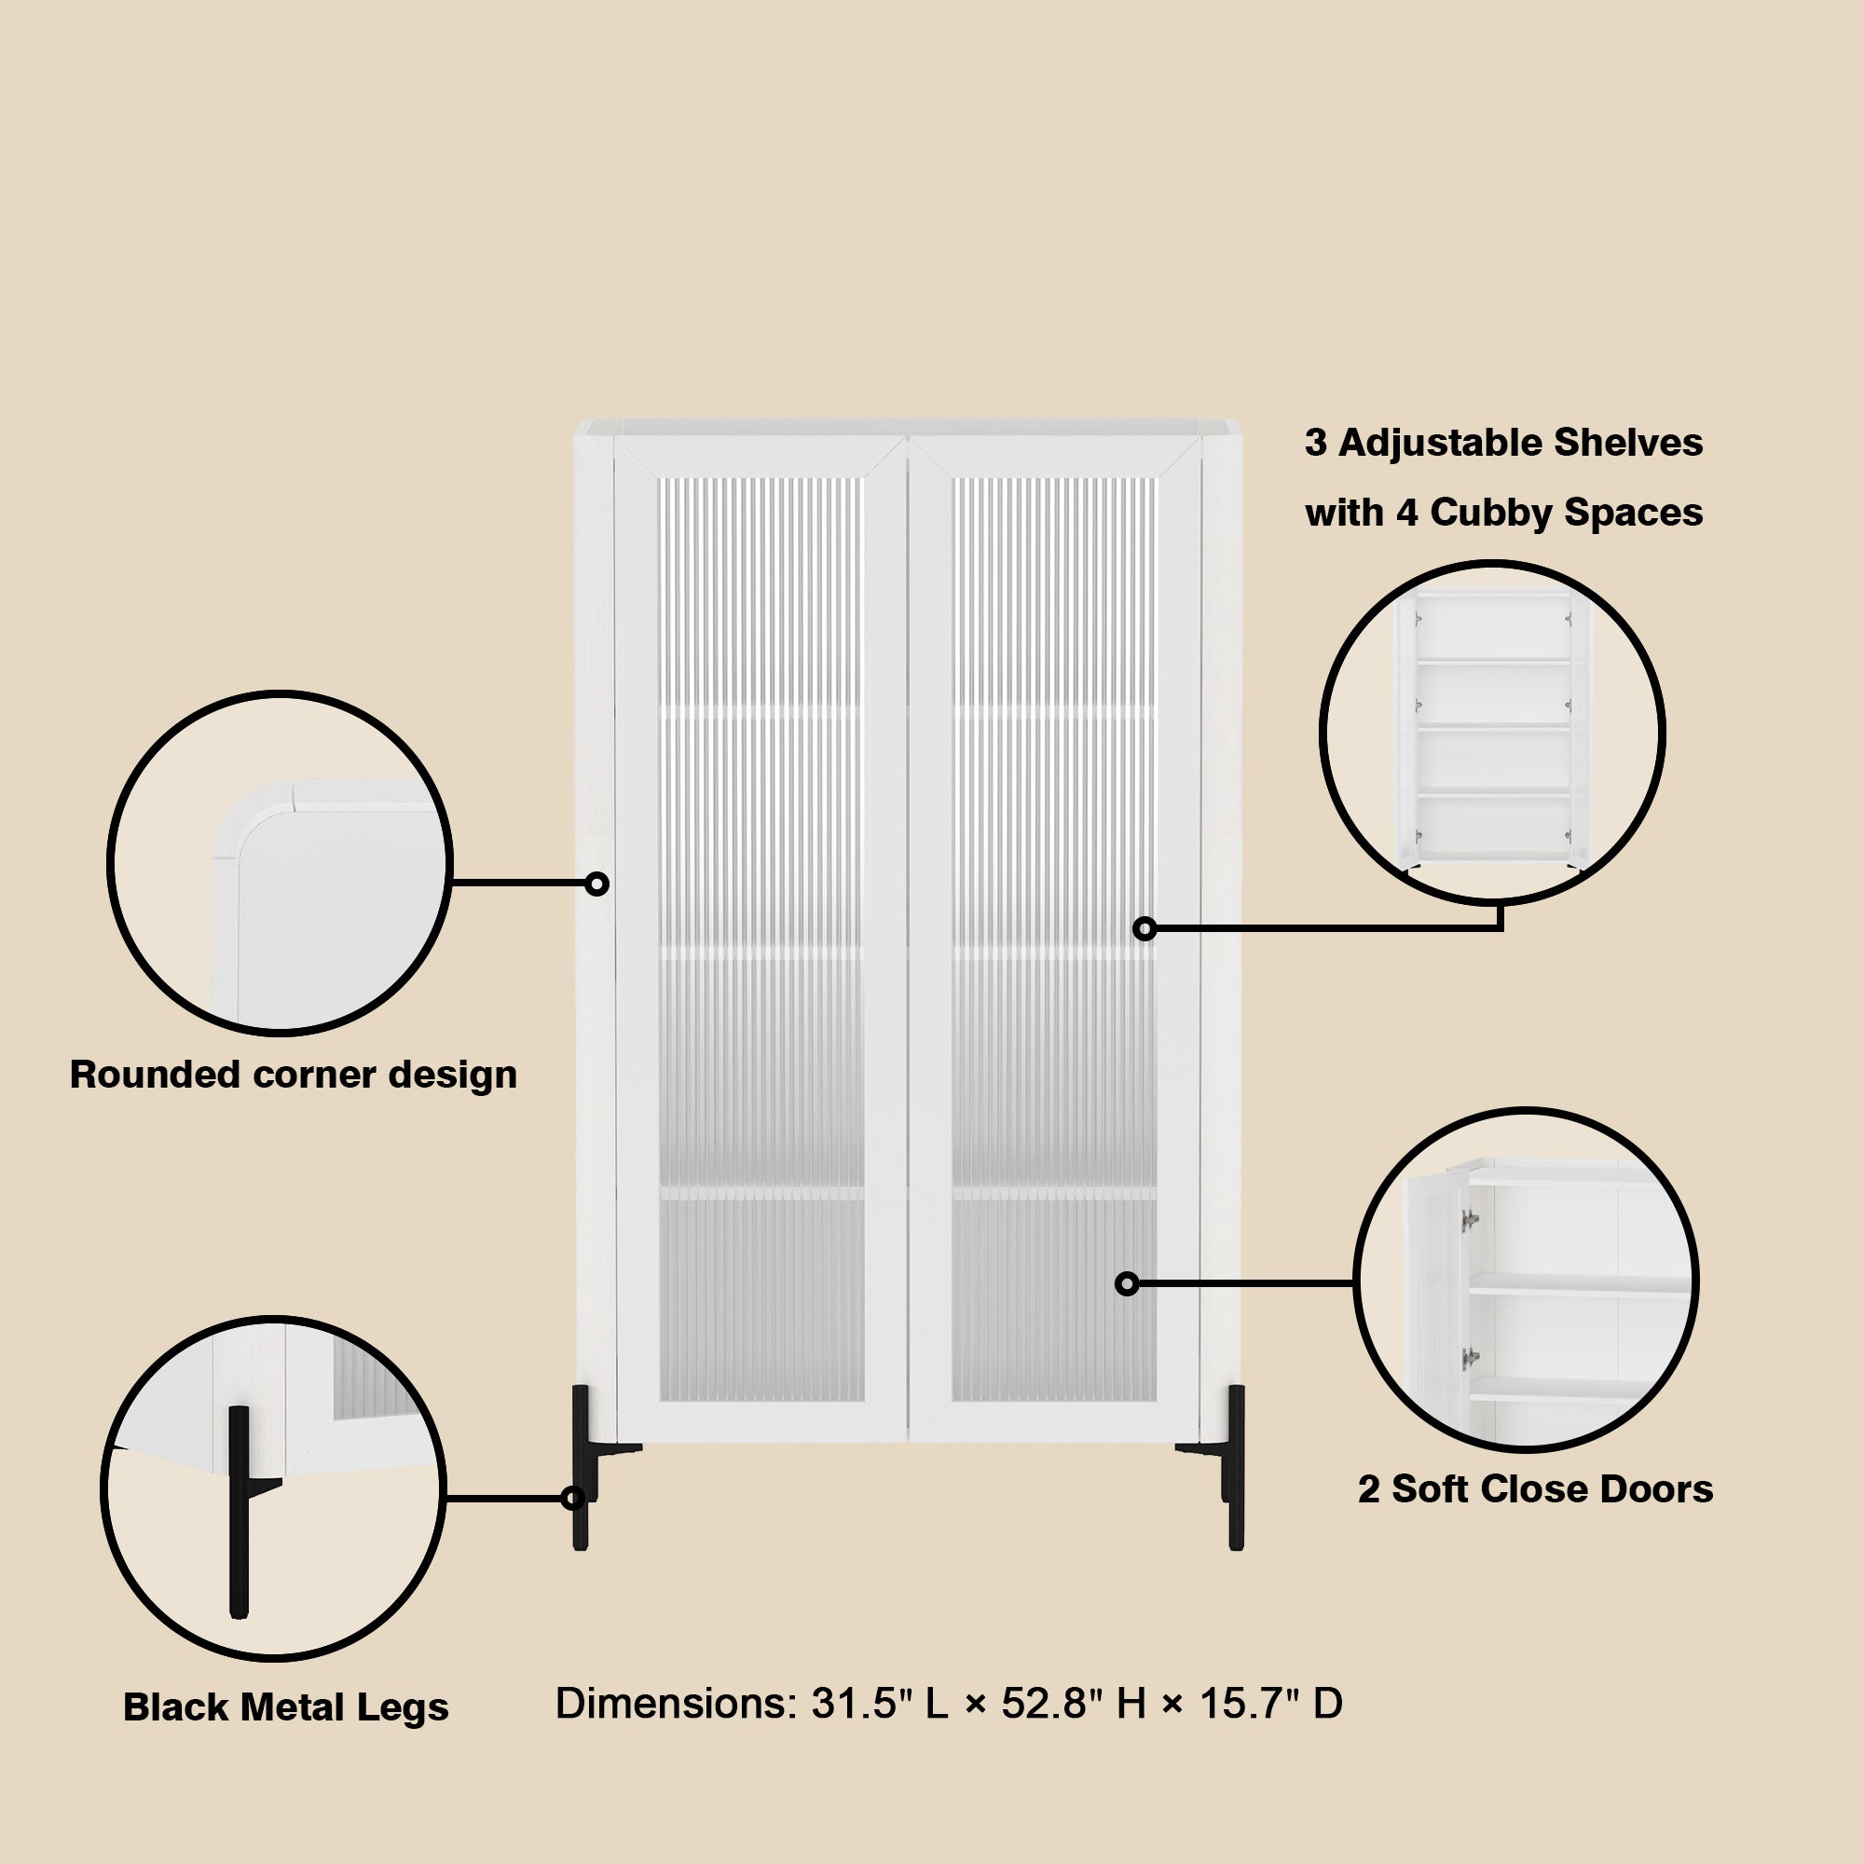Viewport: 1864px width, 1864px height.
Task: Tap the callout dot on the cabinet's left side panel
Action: pos(597,884)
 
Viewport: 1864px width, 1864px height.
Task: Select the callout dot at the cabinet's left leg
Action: pos(573,1499)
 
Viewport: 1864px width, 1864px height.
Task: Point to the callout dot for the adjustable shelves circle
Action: pos(1144,929)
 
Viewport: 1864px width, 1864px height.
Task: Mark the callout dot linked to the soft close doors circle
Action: pos(1127,1284)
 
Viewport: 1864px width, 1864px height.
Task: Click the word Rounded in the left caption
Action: pos(155,1075)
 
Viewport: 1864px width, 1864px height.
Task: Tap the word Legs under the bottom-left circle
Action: pos(403,1707)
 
